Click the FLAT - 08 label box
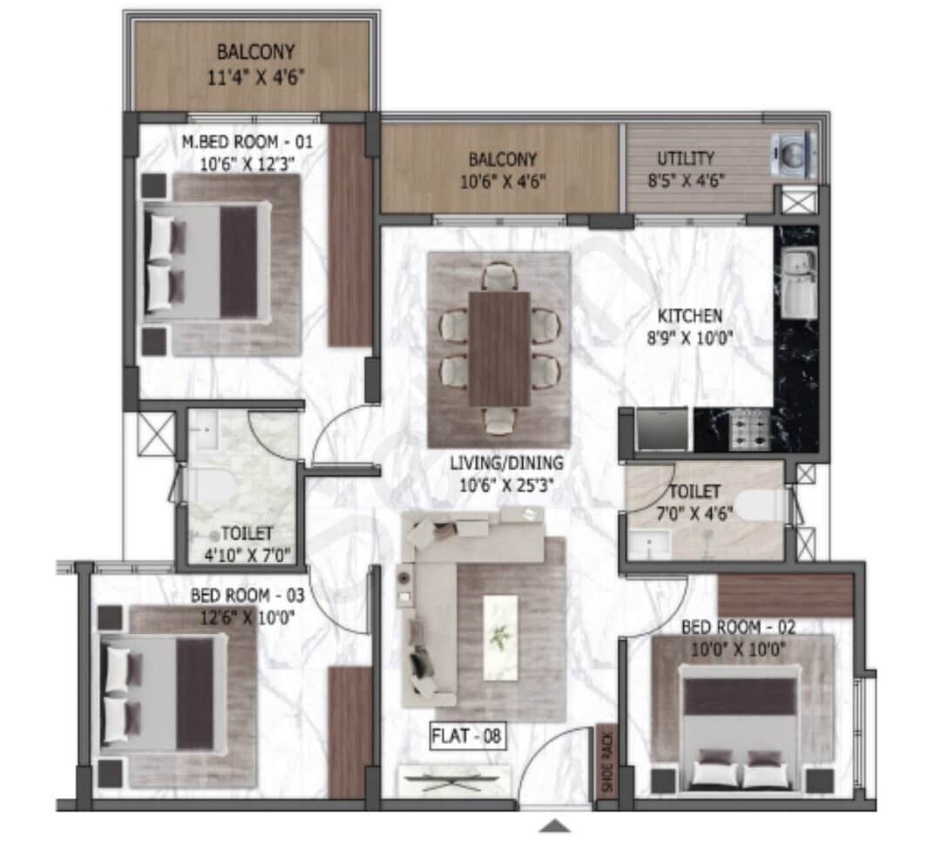point(469,737)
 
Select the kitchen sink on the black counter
point(798,284)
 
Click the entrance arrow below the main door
point(555,826)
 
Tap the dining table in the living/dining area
point(499,348)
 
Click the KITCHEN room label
point(690,315)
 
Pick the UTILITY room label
point(685,159)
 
